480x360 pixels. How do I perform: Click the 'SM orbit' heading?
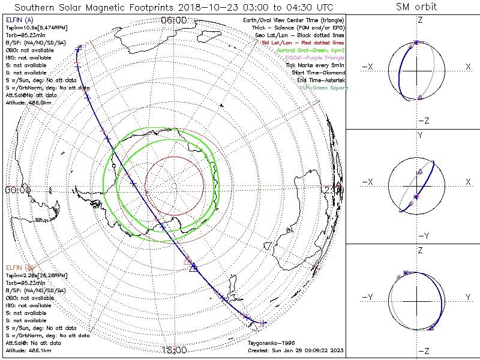click(416, 7)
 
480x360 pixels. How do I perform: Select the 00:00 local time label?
click(17, 190)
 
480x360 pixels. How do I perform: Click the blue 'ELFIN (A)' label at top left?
click(19, 20)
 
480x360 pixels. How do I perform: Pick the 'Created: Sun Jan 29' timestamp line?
click(295, 350)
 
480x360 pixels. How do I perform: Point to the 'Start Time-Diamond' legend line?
click(318, 73)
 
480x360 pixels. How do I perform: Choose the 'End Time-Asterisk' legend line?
click(320, 80)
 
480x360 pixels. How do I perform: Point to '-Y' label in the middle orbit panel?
click(423, 235)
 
